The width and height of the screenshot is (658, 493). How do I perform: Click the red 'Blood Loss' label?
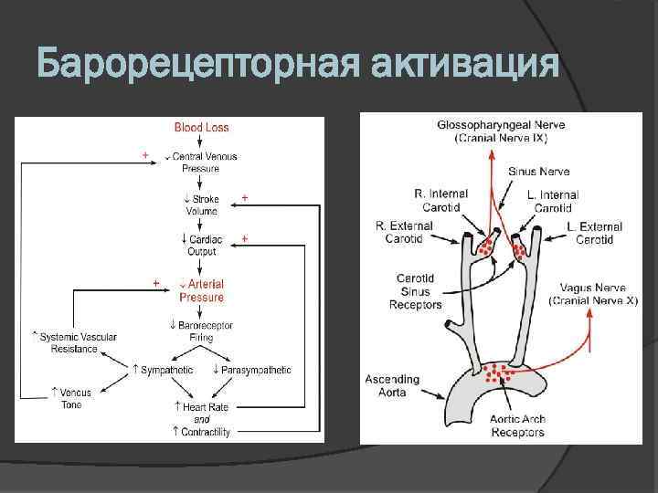[201, 128]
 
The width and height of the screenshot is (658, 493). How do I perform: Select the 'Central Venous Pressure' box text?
[203, 162]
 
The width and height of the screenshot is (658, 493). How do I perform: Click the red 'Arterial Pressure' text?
[202, 290]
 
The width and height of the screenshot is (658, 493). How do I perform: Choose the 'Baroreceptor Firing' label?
[203, 330]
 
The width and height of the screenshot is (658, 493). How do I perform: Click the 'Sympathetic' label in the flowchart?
[164, 370]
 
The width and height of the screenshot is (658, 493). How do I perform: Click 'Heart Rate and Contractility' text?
[202, 418]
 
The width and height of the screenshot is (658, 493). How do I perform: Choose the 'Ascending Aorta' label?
[392, 384]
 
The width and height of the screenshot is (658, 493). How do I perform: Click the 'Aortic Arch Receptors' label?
[517, 425]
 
